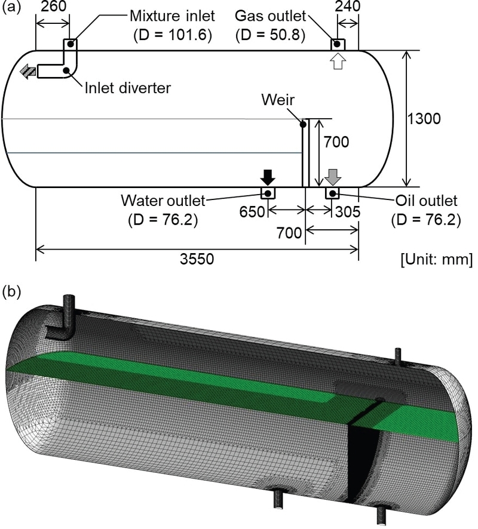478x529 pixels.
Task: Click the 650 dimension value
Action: click(250, 211)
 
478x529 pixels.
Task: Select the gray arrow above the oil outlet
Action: click(333, 177)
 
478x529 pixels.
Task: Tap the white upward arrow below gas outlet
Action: click(338, 61)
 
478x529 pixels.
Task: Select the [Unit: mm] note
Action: click(436, 260)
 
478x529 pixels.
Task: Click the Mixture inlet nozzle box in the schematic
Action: click(69, 44)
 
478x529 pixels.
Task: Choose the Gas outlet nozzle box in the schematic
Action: click(337, 44)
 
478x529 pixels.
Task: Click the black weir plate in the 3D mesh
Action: click(362, 454)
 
